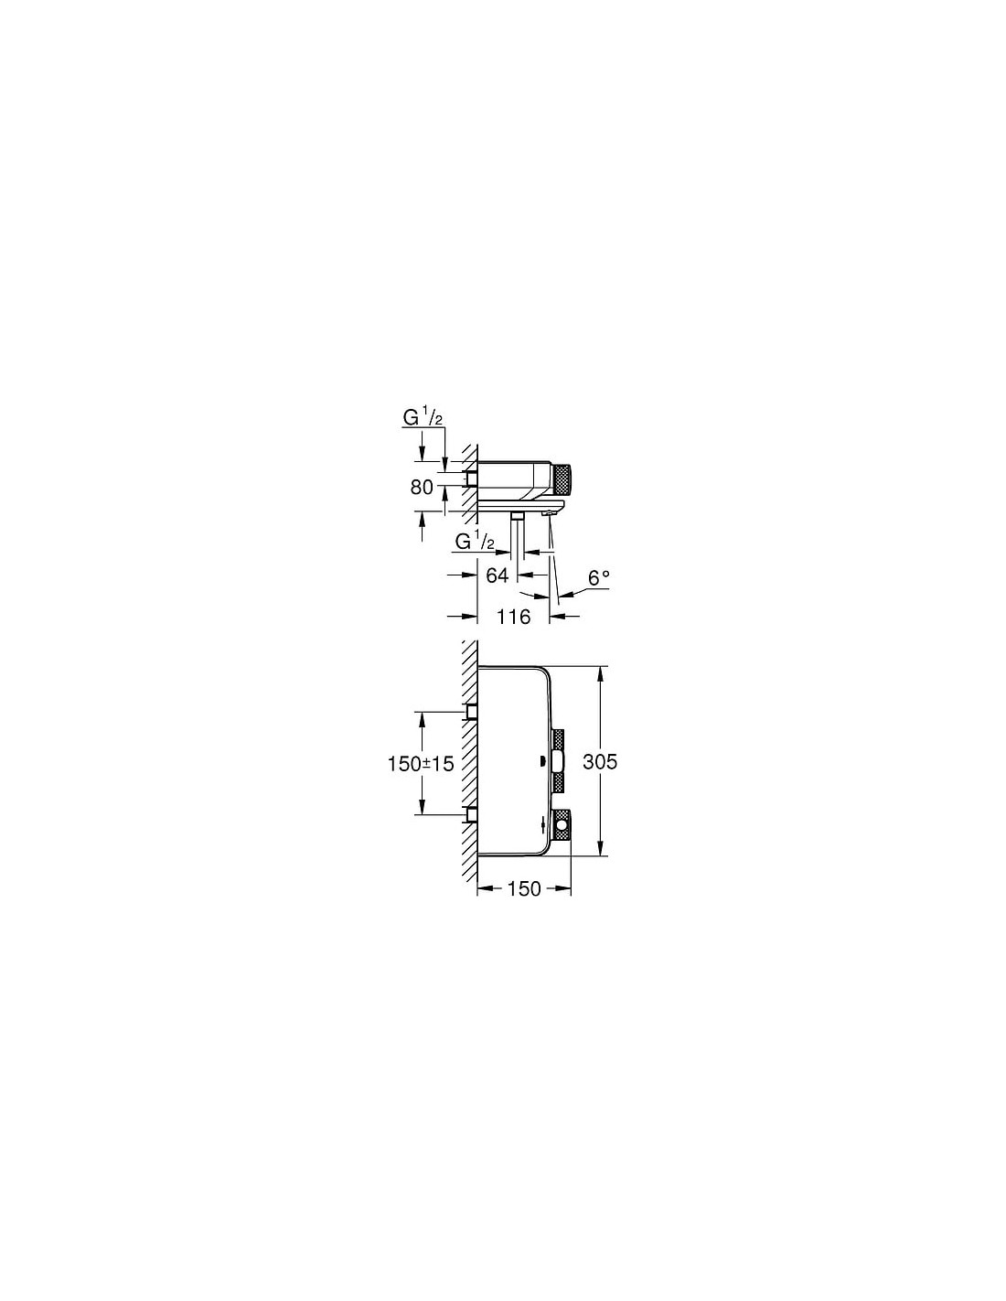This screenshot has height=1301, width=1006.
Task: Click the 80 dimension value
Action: [422, 488]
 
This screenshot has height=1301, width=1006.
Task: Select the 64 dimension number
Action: [497, 575]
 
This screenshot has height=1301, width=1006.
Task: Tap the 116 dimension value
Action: [514, 616]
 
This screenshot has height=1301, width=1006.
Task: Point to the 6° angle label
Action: [598, 577]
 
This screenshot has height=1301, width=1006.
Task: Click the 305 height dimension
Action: [600, 761]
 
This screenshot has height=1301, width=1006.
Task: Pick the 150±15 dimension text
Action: [421, 763]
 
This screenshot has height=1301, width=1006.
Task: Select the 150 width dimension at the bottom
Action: [524, 906]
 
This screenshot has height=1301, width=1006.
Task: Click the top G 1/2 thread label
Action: [423, 418]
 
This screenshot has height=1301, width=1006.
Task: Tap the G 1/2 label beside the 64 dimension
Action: [475, 542]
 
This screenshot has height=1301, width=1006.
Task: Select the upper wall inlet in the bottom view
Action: [472, 711]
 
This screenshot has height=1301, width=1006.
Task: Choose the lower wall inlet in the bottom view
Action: [472, 814]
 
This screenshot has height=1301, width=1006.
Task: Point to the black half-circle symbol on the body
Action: [543, 762]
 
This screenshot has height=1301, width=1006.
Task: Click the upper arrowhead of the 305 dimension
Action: [601, 673]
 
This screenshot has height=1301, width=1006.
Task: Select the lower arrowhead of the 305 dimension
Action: [601, 849]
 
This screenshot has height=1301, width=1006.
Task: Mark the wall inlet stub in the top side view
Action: [472, 478]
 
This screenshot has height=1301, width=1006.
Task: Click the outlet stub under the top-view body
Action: [518, 515]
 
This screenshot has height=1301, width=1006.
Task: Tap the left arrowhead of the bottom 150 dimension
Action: [485, 906]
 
